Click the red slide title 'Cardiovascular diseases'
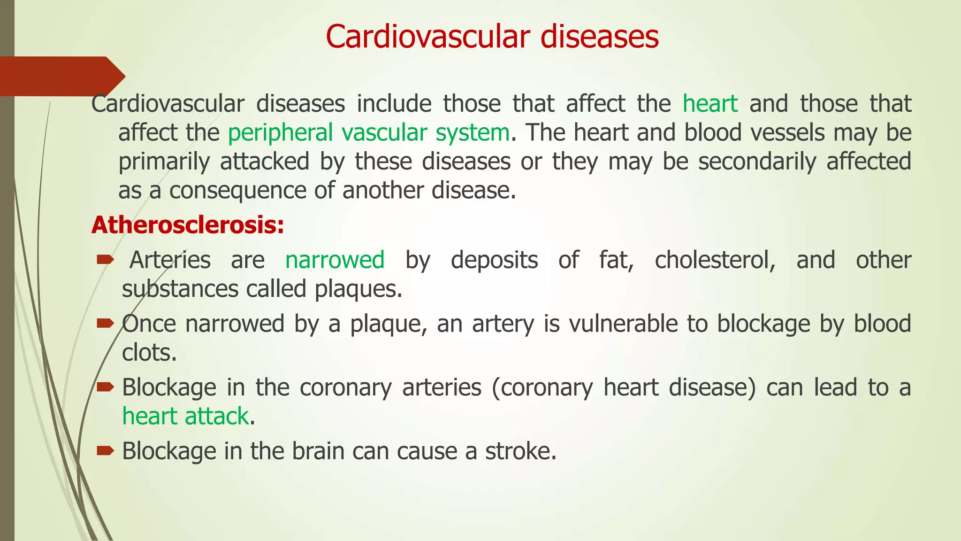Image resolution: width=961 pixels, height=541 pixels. pyautogui.click(x=492, y=37)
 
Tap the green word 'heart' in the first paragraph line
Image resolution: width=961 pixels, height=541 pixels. pyautogui.click(x=710, y=104)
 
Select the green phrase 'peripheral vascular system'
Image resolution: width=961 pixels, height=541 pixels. pyautogui.click(x=369, y=133)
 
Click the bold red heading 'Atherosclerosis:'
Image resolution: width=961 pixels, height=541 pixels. pyautogui.click(x=188, y=225)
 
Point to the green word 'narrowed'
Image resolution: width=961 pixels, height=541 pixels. pyautogui.click(x=335, y=260)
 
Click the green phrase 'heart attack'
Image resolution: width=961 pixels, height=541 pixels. pyautogui.click(x=185, y=417)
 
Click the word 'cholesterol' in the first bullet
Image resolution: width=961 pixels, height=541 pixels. pyautogui.click(x=714, y=260)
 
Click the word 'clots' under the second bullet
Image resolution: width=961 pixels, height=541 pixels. pyautogui.click(x=148, y=353)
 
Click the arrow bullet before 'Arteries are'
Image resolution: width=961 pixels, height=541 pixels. pyautogui.click(x=105, y=259)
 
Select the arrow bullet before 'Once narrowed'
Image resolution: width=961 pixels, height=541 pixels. pyautogui.click(x=105, y=323)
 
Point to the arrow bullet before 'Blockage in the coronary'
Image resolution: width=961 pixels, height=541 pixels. pyautogui.click(x=105, y=387)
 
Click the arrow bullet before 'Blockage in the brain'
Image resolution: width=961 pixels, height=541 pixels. pyautogui.click(x=105, y=451)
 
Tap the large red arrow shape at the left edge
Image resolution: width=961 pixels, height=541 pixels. pyautogui.click(x=61, y=76)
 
